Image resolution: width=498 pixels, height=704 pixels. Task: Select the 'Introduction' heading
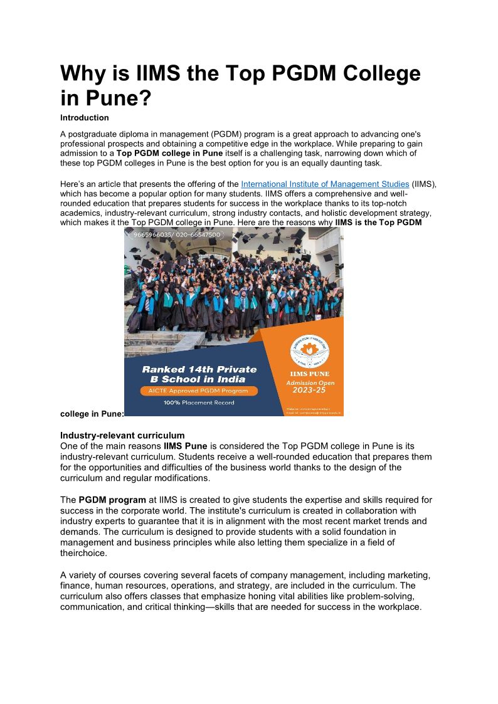click(85, 118)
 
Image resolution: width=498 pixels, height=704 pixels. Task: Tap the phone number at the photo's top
click(177, 234)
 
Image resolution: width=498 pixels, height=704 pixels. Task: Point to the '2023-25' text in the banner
click(310, 391)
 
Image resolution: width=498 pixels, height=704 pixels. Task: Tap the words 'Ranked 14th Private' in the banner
click(199, 369)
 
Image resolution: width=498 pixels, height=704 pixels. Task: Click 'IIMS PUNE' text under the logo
click(310, 374)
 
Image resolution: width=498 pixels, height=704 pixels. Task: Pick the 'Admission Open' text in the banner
click(310, 382)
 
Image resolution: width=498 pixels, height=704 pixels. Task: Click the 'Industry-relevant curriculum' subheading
click(122, 435)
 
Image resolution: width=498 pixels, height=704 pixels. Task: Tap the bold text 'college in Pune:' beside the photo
click(92, 414)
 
